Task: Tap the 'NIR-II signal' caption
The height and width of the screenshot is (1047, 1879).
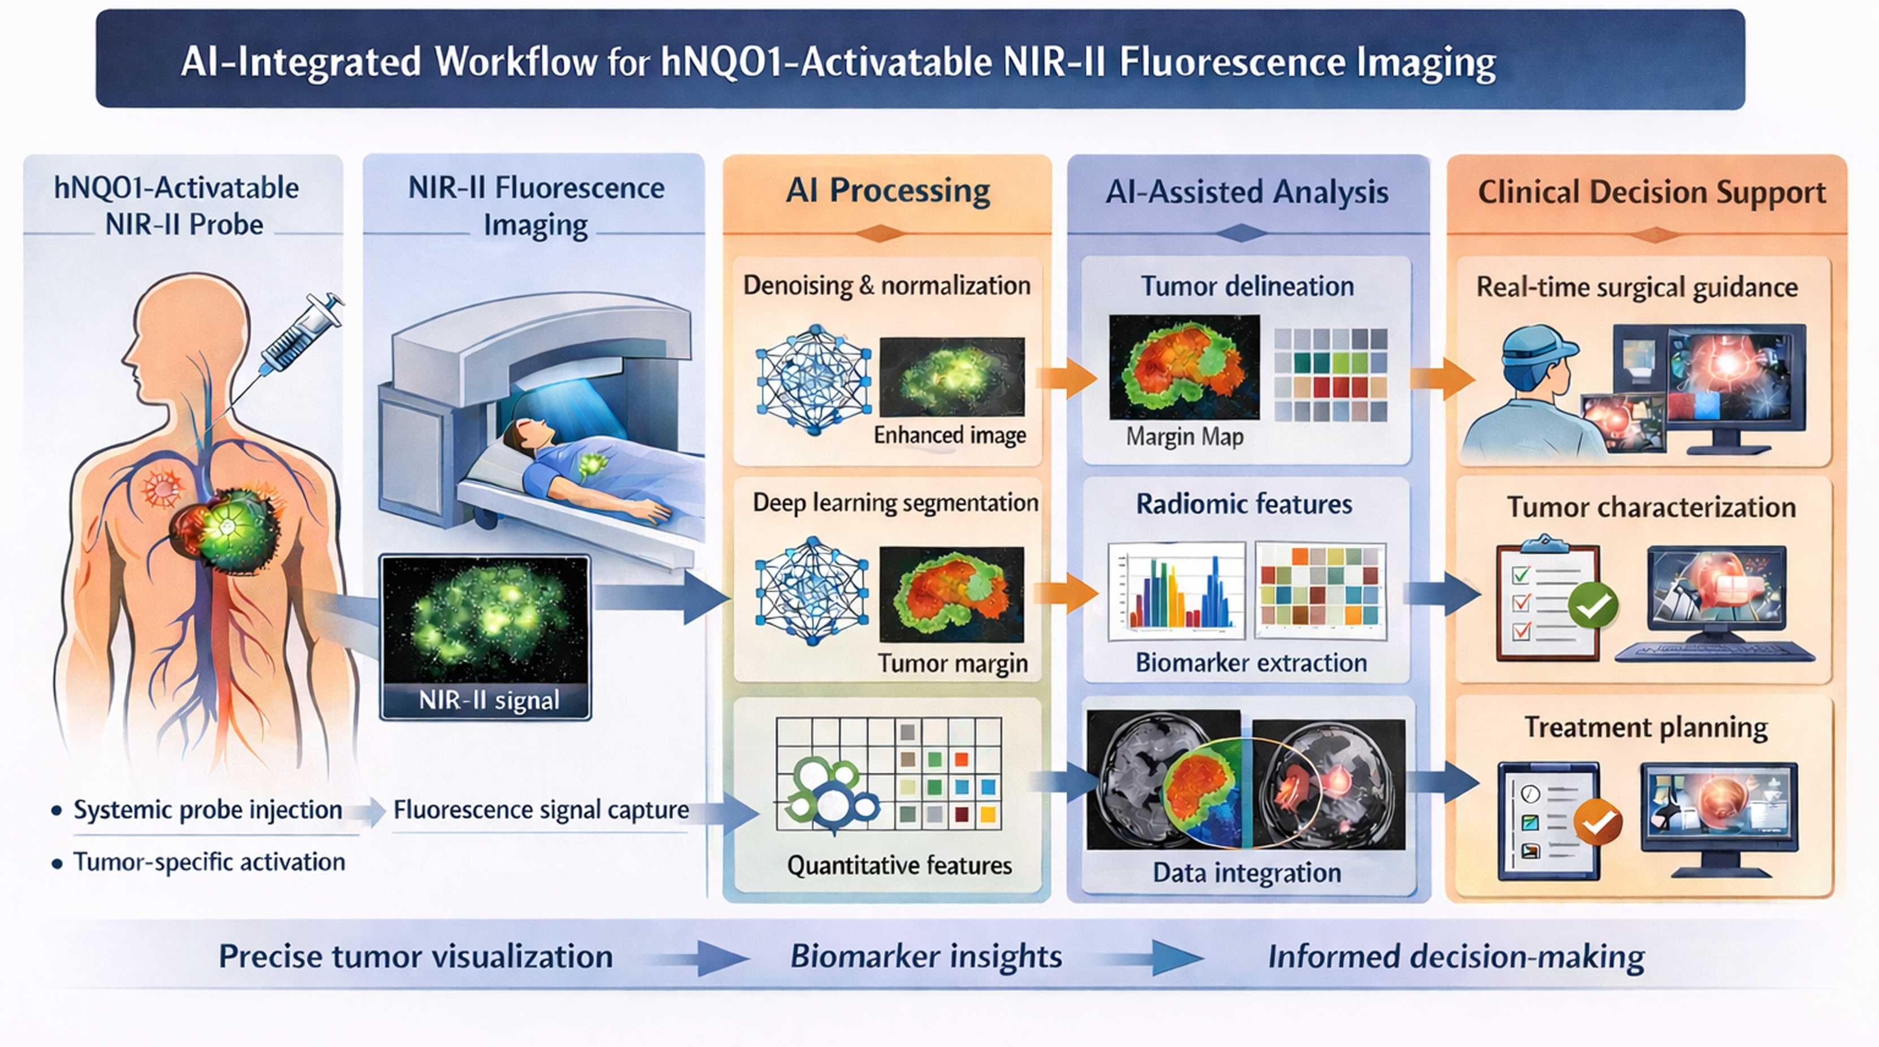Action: pos(489,700)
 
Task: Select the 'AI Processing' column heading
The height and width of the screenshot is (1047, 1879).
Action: pos(887,190)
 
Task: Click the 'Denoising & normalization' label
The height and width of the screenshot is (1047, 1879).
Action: pos(886,285)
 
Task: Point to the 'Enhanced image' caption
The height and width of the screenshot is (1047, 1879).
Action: pos(950,435)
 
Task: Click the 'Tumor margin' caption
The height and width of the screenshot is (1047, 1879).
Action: pos(952,663)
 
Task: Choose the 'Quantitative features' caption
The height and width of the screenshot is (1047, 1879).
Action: pos(899,866)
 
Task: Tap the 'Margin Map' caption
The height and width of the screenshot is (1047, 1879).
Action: pos(1185,437)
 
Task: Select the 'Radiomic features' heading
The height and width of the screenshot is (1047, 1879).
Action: pos(1243,504)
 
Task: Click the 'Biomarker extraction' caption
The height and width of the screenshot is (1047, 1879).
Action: pos(1251,663)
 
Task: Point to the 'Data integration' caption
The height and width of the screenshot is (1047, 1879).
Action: pos(1247,872)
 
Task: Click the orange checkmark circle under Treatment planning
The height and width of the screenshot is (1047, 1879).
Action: pos(1598,822)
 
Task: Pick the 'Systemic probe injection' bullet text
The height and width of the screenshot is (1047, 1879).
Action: pos(208,810)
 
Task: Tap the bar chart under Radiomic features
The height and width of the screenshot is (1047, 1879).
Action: pos(1176,591)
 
